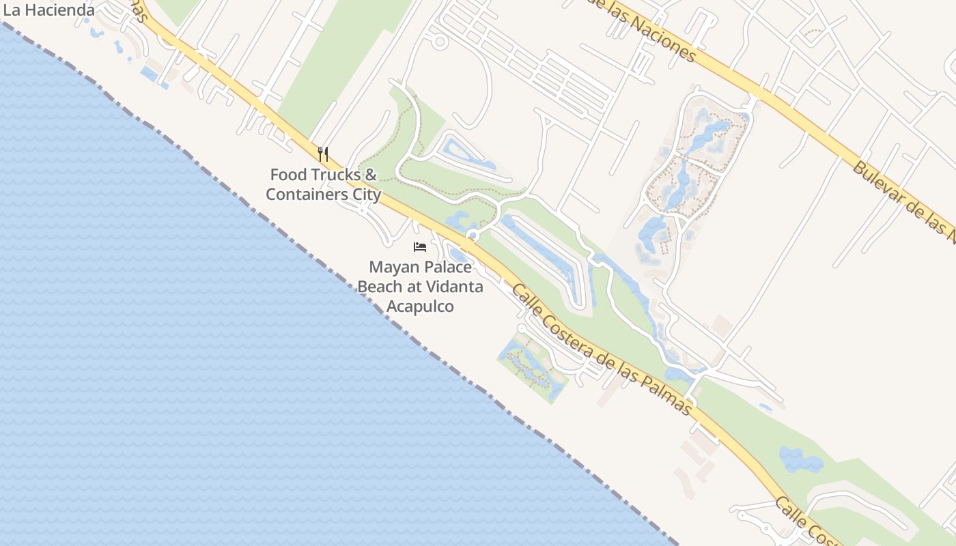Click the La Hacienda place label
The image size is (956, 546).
[x=49, y=10]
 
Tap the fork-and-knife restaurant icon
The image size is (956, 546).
[x=323, y=154]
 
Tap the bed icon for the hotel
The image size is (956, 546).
[x=420, y=246]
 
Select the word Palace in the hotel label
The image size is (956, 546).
[x=449, y=267]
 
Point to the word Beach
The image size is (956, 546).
[x=380, y=287]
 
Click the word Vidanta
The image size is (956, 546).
[x=458, y=287]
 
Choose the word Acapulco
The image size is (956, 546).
[x=420, y=306]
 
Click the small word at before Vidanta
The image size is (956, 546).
[x=418, y=287]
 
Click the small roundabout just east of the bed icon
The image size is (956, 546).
[x=471, y=236]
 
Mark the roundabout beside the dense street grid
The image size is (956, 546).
[x=440, y=42]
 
